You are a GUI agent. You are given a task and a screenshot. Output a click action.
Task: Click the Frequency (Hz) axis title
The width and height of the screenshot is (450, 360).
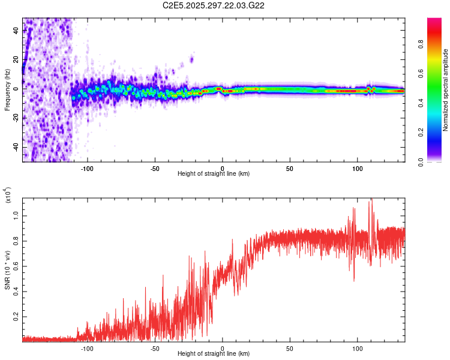(x=7, y=89)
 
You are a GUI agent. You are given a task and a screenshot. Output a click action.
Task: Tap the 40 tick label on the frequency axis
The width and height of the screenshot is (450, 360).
(x=16, y=30)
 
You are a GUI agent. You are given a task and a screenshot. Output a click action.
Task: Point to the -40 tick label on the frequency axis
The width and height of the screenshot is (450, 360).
(x=16, y=147)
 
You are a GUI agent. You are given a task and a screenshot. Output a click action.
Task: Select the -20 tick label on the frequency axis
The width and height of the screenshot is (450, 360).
(x=16, y=118)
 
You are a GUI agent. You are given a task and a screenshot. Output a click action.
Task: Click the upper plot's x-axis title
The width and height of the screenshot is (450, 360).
(x=214, y=174)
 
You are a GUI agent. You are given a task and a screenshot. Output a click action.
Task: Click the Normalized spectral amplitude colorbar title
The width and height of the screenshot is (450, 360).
(x=446, y=90)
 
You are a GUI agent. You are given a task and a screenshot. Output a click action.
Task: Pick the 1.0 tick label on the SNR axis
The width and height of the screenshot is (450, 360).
(x=16, y=215)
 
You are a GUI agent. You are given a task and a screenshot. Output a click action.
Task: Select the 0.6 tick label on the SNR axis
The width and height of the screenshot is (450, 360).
(x=16, y=265)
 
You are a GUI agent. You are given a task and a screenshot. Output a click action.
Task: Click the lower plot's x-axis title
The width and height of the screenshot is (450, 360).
(x=214, y=353)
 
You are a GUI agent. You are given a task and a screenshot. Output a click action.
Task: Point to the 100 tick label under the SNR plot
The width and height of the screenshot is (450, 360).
(x=358, y=347)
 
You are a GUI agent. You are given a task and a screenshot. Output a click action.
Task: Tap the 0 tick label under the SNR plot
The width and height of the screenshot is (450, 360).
(x=223, y=347)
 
